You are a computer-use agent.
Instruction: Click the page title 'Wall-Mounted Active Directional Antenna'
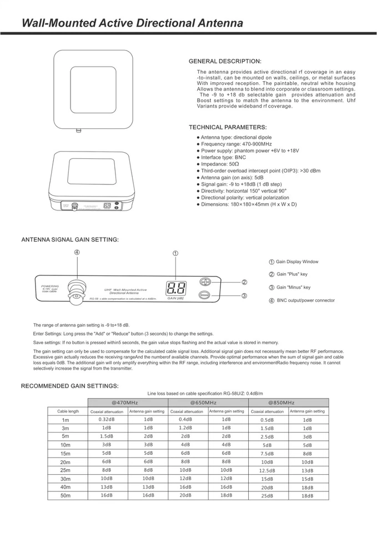point(132,23)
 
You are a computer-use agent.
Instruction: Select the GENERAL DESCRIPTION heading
point(225,61)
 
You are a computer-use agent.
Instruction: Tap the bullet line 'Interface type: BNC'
point(223,157)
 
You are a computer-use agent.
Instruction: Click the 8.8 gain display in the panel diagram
point(175,289)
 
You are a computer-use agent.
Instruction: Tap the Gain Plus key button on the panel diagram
point(205,282)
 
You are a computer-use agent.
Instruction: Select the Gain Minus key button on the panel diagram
point(204,295)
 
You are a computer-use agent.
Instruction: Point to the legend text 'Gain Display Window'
point(297,262)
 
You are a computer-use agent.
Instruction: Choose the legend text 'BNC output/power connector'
point(305,300)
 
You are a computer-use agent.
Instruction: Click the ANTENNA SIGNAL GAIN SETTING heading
point(70,240)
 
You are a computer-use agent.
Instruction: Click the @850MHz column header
point(288,402)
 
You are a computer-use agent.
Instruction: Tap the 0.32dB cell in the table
point(107,420)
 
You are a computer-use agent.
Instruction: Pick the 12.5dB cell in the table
point(267,470)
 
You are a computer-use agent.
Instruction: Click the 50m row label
point(66,495)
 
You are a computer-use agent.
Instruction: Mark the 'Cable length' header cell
point(68,411)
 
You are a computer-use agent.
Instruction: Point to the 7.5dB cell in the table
point(267,454)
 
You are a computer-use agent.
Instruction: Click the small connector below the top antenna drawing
point(78,132)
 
